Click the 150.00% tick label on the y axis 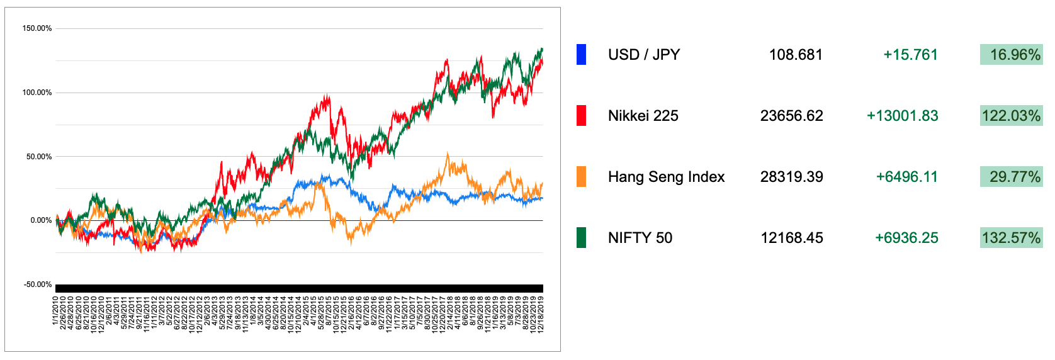coord(37,28)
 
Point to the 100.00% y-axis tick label coord(37,93)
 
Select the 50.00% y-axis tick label coord(39,157)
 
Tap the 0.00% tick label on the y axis coord(41,220)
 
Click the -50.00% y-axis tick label coord(38,284)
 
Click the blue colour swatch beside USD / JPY coord(581,55)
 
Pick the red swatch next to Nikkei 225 coord(581,116)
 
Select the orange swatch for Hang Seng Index coord(581,177)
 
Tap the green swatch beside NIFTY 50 coord(581,238)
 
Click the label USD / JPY coord(644,55)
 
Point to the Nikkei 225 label coord(643,116)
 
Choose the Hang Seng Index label coord(666,177)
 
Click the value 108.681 coord(796,55)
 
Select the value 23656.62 coord(791,116)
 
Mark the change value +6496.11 coord(906,177)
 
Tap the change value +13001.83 coord(902,116)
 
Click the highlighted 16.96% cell coord(1011,55)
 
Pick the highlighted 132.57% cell coord(1011,238)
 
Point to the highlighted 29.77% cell coord(1011,177)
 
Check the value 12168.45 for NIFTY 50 coord(791,238)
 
